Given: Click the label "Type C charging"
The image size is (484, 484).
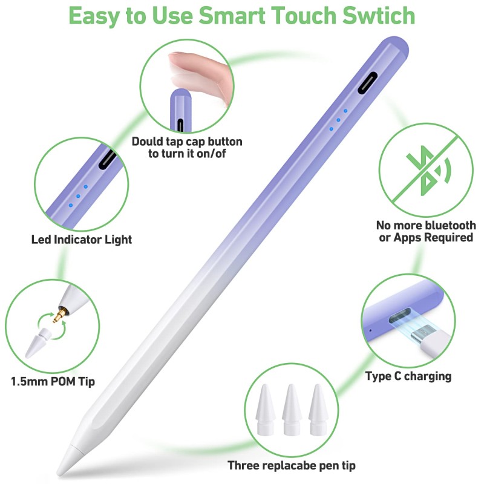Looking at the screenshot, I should (x=408, y=376).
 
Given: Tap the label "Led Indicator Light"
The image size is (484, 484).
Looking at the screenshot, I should (x=82, y=240).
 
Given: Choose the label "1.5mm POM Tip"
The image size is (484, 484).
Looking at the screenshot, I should (x=53, y=382).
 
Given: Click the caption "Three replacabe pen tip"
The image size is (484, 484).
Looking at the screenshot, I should (x=292, y=465).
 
